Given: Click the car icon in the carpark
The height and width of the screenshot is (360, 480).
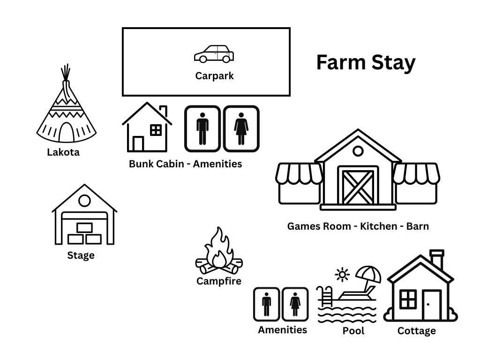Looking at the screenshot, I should tap(214, 54).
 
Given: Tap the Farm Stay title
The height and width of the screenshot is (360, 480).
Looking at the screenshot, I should tap(366, 62).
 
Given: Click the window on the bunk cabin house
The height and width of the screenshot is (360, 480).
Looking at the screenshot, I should tap(156, 130).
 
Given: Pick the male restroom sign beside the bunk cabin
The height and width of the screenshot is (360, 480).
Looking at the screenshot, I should tap(202, 128).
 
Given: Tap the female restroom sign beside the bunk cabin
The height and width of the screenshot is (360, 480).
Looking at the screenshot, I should tap(241, 128).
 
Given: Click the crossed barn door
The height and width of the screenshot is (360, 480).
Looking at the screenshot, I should tap(358, 187).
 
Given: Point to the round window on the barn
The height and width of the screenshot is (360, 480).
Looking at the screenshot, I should tap(358, 151).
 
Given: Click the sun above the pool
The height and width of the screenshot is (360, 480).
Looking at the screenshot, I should tap(343, 274).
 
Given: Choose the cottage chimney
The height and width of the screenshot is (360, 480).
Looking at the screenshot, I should tap(437, 259).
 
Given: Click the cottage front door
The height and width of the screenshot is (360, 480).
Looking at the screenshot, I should tap(431, 305).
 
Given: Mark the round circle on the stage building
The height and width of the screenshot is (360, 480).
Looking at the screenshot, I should tap(84, 201).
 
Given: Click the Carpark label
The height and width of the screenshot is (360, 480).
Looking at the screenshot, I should tap(214, 75).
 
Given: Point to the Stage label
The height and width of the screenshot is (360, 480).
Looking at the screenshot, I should tap(81, 255).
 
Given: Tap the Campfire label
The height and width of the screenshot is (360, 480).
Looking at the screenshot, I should tap(219, 281).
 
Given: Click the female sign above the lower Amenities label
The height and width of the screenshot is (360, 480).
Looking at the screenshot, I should tap(295, 304).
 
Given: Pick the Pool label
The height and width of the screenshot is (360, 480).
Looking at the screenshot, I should tap(353, 331).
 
